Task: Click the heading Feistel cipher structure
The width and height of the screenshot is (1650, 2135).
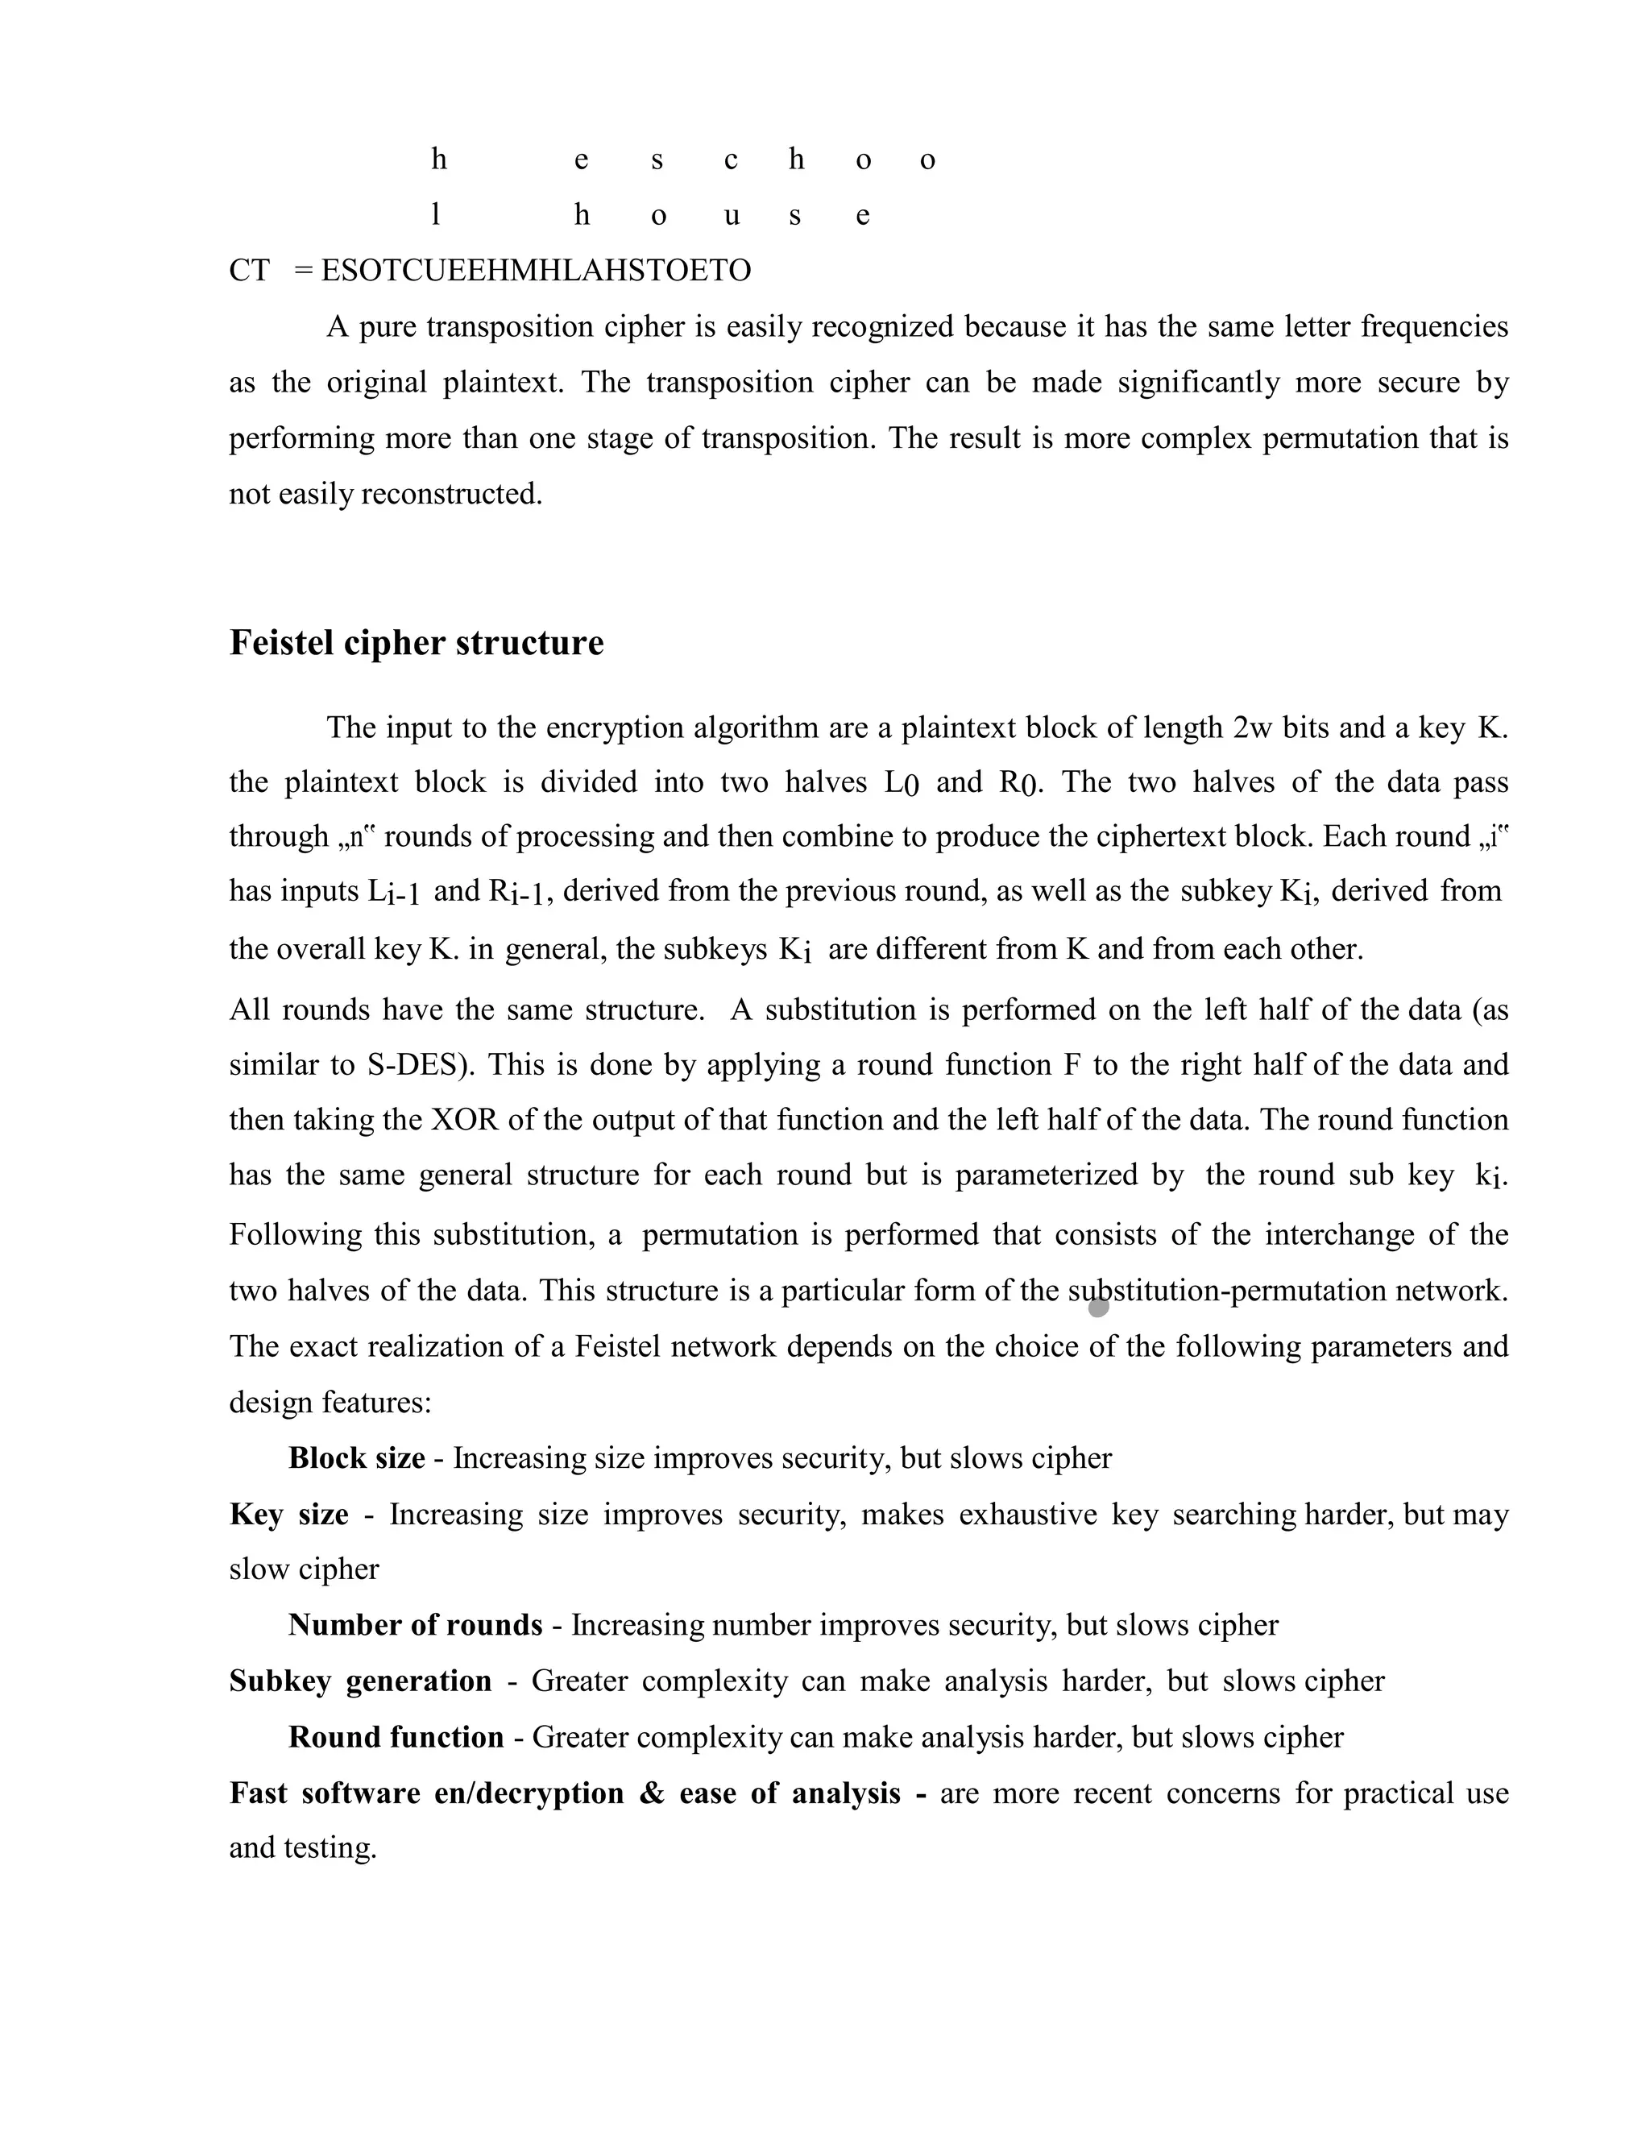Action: [x=417, y=643]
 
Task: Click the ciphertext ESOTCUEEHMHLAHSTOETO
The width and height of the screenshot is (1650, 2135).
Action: [x=536, y=270]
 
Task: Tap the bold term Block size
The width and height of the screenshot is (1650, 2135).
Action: [x=356, y=1458]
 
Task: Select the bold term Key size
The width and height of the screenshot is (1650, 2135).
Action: [x=288, y=1515]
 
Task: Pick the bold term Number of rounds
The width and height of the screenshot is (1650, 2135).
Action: [x=414, y=1625]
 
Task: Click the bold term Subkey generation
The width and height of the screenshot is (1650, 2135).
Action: [x=359, y=1681]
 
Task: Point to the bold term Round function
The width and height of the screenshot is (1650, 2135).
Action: [x=396, y=1737]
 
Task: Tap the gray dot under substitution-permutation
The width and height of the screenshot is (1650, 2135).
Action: [x=1098, y=1307]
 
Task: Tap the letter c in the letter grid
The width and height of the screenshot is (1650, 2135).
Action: [x=730, y=160]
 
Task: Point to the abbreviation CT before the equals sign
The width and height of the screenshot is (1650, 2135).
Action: [x=249, y=270]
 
